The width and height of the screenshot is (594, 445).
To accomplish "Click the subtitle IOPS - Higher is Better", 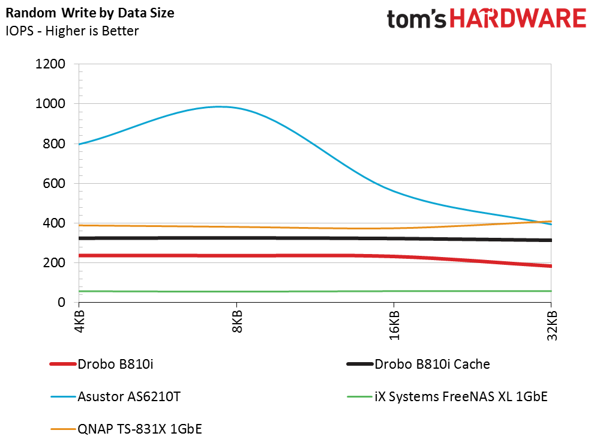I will coord(73,30).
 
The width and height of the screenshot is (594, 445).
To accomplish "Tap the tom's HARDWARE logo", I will coord(485,19).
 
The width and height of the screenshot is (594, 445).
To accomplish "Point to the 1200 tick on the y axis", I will coord(53,64).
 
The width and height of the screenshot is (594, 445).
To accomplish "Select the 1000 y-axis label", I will coord(53,104).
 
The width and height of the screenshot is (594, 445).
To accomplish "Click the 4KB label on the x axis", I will coord(79,325).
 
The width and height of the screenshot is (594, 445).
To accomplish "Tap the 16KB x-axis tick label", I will coord(394,328).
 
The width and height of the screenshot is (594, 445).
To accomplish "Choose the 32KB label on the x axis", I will coord(551,328).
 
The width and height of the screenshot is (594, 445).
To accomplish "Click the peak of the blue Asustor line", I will coord(220,107).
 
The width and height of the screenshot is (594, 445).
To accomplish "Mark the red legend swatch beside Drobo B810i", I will coord(62,364).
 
